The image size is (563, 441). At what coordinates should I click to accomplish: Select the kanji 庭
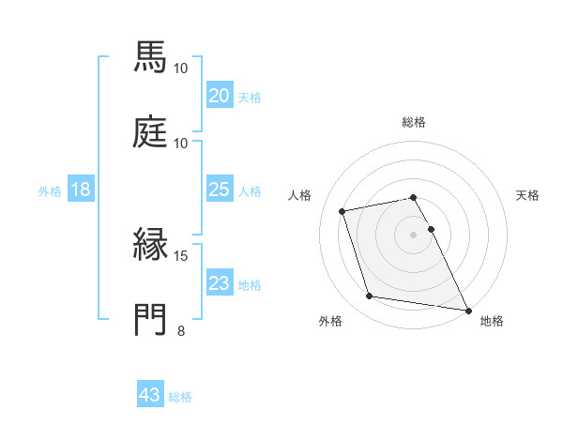151,132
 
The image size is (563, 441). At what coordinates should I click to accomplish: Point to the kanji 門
151,319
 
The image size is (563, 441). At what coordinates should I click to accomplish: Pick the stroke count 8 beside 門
181,330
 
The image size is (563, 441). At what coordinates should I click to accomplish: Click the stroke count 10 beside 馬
181,68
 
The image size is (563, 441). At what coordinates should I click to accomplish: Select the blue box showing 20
219,95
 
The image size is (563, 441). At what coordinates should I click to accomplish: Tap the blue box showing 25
219,190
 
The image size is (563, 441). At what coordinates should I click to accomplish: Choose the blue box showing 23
219,283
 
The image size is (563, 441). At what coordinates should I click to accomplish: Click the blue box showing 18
81,190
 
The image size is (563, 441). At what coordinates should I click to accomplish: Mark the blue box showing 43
150,395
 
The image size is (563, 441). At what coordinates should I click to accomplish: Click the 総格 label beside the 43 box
180,397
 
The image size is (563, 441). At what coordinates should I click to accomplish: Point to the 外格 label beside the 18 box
50,190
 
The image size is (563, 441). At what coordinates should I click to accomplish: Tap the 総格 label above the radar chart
414,122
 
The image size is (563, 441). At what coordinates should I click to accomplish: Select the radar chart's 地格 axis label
492,321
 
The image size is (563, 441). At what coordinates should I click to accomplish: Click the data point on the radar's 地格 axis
466,309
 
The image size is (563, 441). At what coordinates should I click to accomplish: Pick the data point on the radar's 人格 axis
342,210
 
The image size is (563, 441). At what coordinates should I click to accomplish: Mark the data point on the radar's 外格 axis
370,297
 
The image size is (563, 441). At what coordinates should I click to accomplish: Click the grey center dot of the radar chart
414,234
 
